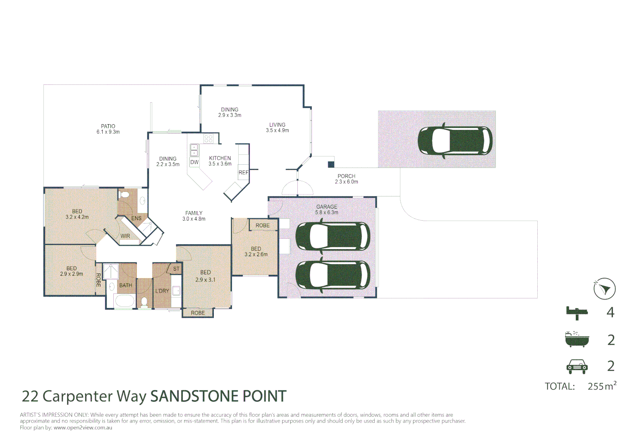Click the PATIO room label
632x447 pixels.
click(108, 126)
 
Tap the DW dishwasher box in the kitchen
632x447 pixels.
click(194, 162)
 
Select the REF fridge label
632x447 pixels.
click(244, 173)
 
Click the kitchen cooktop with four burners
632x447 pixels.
click(208, 138)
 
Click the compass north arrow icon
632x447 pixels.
click(604, 288)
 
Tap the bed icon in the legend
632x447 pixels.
click(577, 312)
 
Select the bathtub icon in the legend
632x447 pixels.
click(577, 339)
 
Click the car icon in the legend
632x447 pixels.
click(577, 366)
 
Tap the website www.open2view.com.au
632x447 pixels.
click(83, 428)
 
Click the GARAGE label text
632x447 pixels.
click(327, 207)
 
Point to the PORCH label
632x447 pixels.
click(347, 176)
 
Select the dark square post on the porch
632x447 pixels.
click(331, 164)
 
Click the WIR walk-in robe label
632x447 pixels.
click(125, 236)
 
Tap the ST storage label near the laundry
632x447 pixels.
click(176, 269)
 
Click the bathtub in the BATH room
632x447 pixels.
click(124, 301)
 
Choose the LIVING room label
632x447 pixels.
click(277, 125)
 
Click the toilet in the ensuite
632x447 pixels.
click(124, 194)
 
